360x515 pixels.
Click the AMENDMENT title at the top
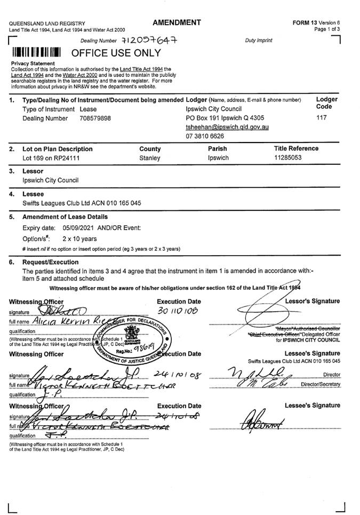click(177, 22)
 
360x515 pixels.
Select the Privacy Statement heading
click(33, 64)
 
